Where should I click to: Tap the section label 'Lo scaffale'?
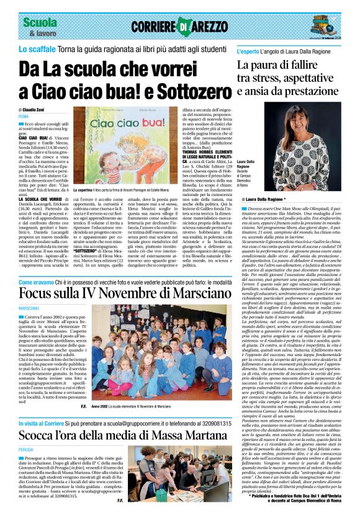[35, 48]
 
